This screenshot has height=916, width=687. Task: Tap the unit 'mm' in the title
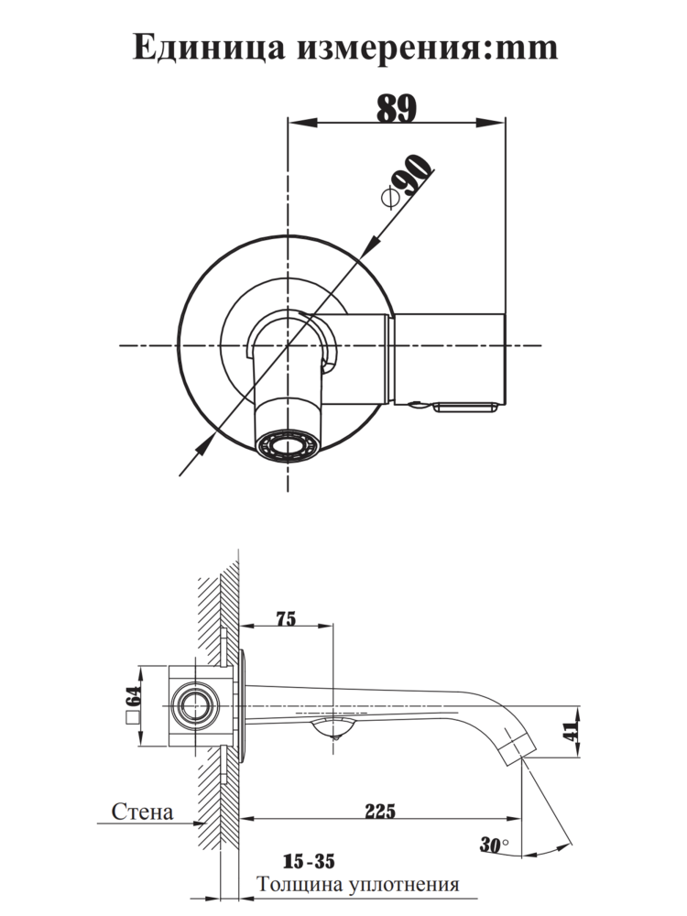click(x=525, y=48)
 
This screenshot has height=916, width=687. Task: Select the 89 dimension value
click(x=397, y=108)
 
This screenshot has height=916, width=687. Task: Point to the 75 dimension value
click(x=285, y=619)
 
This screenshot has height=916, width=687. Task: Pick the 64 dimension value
click(x=131, y=696)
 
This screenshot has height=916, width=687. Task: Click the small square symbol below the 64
click(x=131, y=719)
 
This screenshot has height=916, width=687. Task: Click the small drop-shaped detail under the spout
click(x=333, y=729)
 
